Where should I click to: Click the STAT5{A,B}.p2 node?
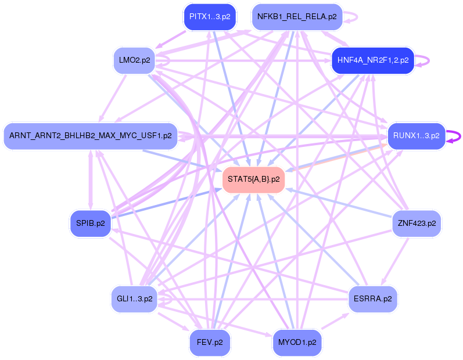pos(253,179)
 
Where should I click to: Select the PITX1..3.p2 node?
pos(209,17)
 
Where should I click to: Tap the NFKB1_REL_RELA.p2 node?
pos(297,17)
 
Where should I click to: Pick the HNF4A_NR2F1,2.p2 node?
pos(372,60)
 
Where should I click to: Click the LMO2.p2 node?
pos(134,60)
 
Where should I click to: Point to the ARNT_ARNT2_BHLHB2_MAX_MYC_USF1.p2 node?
pos(90,136)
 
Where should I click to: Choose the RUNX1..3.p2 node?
pos(416,136)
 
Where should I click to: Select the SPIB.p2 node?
pos(90,223)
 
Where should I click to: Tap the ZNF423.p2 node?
pos(416,223)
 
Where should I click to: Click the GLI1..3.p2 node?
pos(134,299)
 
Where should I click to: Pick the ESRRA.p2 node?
pos(372,299)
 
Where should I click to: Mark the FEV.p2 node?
pos(209,342)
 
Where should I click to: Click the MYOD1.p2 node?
pos(297,342)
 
